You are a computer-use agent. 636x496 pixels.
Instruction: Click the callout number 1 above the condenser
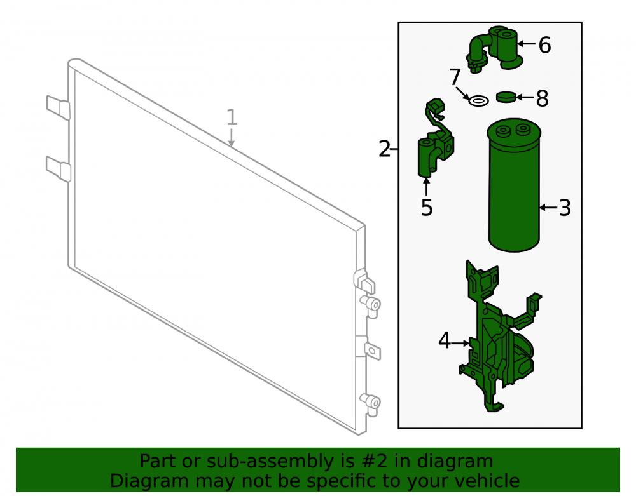click(232, 117)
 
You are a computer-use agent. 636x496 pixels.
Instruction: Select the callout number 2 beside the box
click(384, 149)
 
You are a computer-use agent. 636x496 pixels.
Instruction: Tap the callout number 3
click(565, 208)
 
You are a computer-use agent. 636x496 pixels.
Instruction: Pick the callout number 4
click(444, 340)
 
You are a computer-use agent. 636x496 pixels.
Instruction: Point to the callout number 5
click(427, 208)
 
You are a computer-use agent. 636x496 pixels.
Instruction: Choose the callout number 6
click(545, 45)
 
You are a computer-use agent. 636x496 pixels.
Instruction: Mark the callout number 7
click(455, 77)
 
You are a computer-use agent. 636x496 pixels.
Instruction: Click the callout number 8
click(543, 98)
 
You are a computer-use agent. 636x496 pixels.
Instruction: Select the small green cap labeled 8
click(507, 97)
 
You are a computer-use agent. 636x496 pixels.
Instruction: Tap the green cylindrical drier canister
click(514, 185)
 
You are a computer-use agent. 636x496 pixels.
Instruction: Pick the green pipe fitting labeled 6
click(495, 49)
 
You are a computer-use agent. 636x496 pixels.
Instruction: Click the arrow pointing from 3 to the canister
click(549, 208)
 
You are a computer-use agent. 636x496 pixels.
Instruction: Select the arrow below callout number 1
click(232, 137)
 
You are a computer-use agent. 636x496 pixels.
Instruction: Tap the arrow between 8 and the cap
click(526, 97)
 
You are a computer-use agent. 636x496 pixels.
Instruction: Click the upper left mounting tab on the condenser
click(59, 107)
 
